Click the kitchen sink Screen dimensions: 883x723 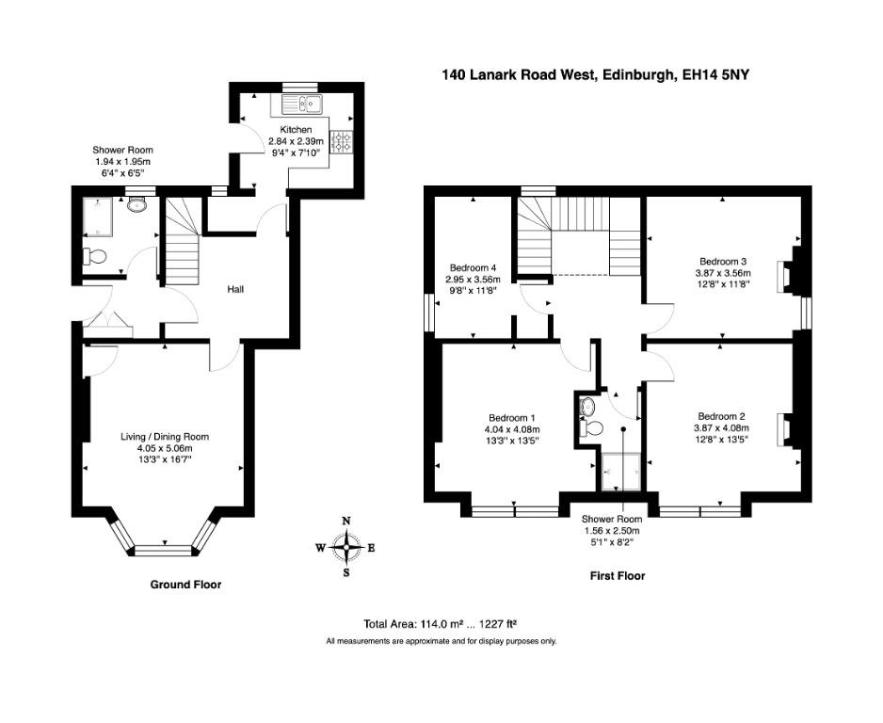tap(302, 104)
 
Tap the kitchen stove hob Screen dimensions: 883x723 tap(342, 141)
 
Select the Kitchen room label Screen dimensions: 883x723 tap(296, 130)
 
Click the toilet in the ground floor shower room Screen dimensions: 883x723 tap(94, 257)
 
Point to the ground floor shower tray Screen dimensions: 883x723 tap(100, 217)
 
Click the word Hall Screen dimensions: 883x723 tap(235, 289)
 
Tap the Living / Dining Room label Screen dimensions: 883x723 tap(165, 437)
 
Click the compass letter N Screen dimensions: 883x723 tap(346, 521)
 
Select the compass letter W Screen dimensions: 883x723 tap(320, 547)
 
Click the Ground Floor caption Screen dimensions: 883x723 tap(185, 585)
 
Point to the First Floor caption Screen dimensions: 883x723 tap(618, 575)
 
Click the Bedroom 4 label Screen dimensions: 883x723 tap(473, 267)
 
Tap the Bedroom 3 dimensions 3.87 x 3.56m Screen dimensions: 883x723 tap(723, 272)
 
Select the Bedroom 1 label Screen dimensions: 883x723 tap(511, 418)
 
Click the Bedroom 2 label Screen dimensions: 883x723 tap(721, 416)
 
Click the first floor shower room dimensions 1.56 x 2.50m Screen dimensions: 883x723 tap(612, 530)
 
